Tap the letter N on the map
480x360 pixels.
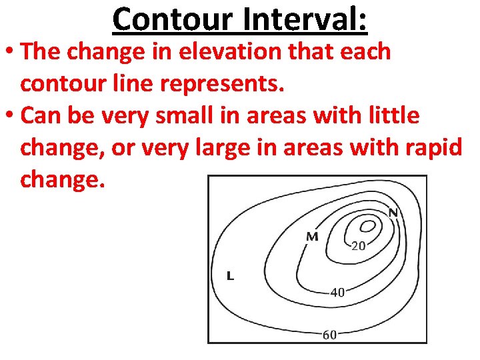tap(393, 213)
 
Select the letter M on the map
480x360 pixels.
tap(312, 237)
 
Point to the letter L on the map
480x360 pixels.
tap(231, 275)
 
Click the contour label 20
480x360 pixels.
tap(358, 245)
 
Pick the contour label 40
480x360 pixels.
tap(337, 292)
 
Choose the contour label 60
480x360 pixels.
tap(329, 335)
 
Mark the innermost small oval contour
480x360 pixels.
tap(367, 226)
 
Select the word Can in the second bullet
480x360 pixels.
tap(43, 116)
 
